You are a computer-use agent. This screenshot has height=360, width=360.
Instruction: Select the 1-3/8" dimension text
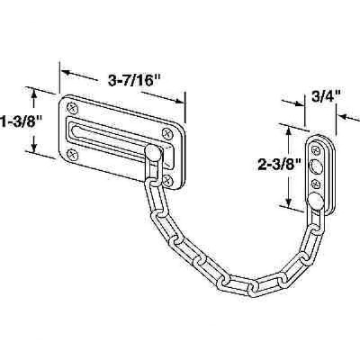(20, 118)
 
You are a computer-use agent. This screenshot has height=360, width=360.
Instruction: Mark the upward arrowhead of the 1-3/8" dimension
(35, 92)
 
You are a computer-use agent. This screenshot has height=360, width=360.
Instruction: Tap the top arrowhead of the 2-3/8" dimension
(289, 133)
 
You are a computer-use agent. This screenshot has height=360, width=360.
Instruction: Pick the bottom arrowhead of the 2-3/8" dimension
(289, 200)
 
